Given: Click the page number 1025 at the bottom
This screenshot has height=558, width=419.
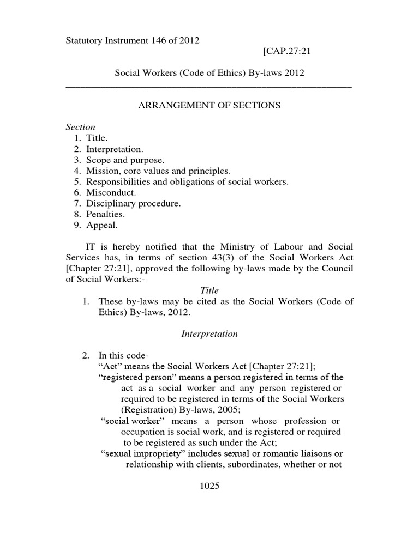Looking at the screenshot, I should click(x=209, y=487).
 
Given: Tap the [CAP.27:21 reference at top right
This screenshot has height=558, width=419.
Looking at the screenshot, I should click(x=287, y=52).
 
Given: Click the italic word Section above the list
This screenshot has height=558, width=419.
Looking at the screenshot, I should click(x=80, y=127).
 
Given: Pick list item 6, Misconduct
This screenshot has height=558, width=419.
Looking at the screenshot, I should click(x=111, y=192).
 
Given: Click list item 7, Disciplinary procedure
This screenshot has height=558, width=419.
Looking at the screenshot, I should click(x=133, y=203).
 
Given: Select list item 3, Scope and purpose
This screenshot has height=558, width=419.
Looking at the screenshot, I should click(x=125, y=160).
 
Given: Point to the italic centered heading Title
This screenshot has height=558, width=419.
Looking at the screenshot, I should click(x=209, y=290).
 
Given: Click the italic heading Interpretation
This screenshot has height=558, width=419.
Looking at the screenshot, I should click(x=209, y=334).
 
